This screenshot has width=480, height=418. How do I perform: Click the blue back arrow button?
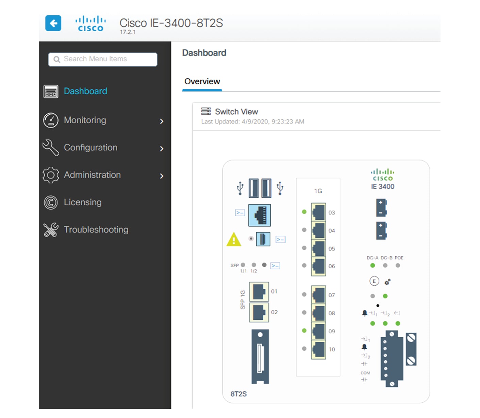(x=53, y=23)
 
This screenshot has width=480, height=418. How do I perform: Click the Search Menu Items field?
(x=103, y=59)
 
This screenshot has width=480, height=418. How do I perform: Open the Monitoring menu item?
(x=85, y=120)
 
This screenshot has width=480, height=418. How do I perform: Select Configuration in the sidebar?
(x=90, y=148)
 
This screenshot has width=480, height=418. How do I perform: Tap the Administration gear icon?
(x=51, y=175)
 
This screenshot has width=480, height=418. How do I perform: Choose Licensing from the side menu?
(x=83, y=202)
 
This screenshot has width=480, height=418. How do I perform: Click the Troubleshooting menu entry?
(x=96, y=230)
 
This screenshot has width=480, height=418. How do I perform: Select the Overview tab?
(x=202, y=81)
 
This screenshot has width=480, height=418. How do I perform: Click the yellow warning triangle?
(x=234, y=239)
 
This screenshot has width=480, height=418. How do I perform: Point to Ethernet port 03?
(x=318, y=212)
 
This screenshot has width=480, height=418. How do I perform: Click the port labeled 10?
(x=318, y=350)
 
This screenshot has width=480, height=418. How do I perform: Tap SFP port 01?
(x=259, y=291)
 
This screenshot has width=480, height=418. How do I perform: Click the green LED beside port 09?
(x=304, y=331)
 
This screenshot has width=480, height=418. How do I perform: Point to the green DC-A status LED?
(x=373, y=266)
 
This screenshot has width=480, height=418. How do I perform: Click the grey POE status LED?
(x=398, y=266)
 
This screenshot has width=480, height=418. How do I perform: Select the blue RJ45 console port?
(x=260, y=215)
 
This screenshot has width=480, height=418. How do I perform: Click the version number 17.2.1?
(x=128, y=32)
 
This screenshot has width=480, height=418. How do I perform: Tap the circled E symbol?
(x=374, y=281)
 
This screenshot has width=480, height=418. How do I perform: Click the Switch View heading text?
(x=236, y=112)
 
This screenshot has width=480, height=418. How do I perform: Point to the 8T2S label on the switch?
(x=238, y=394)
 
